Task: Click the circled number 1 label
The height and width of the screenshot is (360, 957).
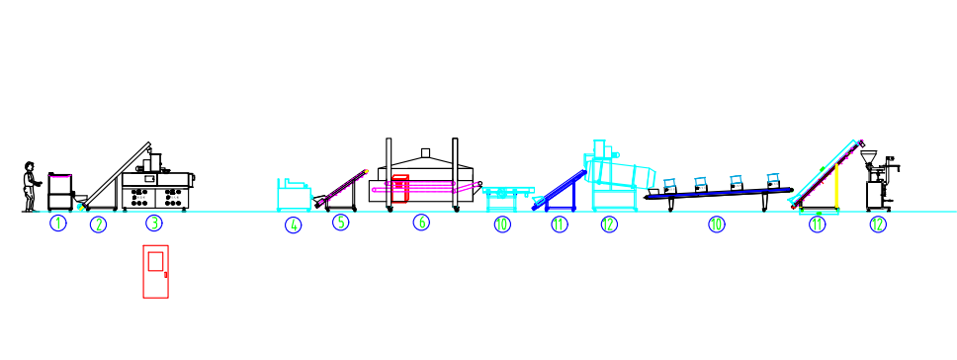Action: tap(58, 224)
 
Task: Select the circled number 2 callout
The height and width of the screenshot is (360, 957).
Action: tap(98, 225)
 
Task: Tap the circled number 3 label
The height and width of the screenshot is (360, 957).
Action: tap(154, 224)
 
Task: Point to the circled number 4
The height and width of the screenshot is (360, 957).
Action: tap(294, 225)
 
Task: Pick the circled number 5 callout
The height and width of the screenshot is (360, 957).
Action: tap(340, 223)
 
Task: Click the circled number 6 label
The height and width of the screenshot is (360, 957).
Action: tap(421, 223)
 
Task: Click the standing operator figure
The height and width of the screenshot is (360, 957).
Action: tap(31, 187)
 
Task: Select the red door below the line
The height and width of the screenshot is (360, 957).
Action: tap(155, 271)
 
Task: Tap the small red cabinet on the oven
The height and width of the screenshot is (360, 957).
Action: tap(400, 188)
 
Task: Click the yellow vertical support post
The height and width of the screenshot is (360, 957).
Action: tap(837, 188)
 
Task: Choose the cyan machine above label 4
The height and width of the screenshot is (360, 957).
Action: tap(294, 195)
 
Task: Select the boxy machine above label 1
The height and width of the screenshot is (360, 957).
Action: tap(60, 191)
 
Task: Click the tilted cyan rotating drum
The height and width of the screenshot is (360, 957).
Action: tap(623, 172)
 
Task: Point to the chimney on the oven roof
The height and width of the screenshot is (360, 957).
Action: tap(425, 152)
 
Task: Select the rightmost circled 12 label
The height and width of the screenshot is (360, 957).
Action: tap(878, 224)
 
